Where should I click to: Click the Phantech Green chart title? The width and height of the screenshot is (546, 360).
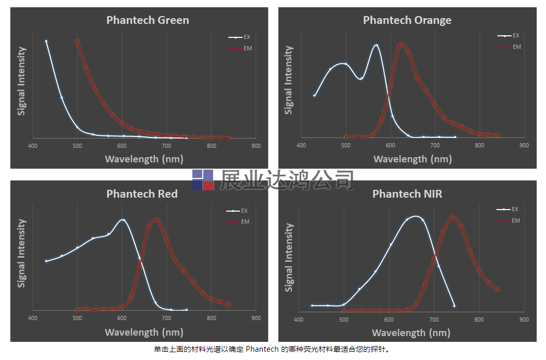pyautogui.click(x=148, y=20)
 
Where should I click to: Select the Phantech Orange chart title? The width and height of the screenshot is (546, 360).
pyautogui.click(x=407, y=20)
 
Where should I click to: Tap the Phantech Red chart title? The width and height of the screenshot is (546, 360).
pyautogui.click(x=142, y=194)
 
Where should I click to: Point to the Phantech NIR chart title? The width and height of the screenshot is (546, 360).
pyautogui.click(x=407, y=194)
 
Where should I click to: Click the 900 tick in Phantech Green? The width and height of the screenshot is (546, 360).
pyautogui.click(x=256, y=146)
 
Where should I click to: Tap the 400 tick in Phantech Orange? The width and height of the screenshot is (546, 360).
pyautogui.click(x=301, y=145)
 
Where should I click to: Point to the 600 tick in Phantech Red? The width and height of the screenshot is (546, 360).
pyautogui.click(x=122, y=319)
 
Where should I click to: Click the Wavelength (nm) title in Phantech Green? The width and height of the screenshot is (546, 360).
pyautogui.click(x=144, y=159)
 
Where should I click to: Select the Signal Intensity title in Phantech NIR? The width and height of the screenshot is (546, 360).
pyautogui.click(x=289, y=257)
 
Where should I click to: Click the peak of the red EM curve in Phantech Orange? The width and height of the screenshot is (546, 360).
pyautogui.click(x=401, y=44)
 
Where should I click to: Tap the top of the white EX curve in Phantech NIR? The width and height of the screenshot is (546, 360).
pyautogui.click(x=415, y=216)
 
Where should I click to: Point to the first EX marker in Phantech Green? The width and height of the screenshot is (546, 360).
pyautogui.click(x=46, y=41)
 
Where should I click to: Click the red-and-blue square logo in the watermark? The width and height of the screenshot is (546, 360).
pyautogui.click(x=203, y=180)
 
